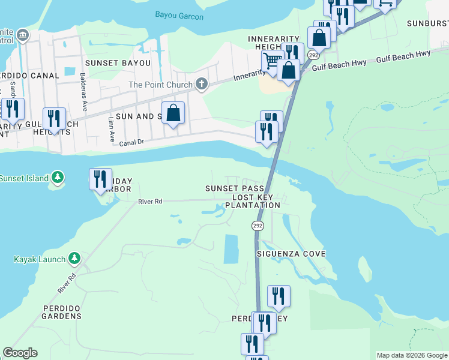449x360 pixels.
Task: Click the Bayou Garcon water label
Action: click(x=179, y=16)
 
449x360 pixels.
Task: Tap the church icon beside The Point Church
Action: click(x=202, y=85)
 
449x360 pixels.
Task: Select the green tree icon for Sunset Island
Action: click(x=57, y=177)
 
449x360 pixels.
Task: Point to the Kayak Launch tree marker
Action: click(x=74, y=259)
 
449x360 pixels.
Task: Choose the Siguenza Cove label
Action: click(x=291, y=254)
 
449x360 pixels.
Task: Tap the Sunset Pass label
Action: click(x=234, y=188)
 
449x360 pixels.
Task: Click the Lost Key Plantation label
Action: click(x=252, y=201)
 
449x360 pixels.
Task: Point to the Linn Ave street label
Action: click(x=111, y=129)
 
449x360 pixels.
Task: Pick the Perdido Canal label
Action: click(x=30, y=76)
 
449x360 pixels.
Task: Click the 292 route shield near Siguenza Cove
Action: click(x=258, y=226)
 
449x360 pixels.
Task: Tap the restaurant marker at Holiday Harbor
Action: click(x=100, y=179)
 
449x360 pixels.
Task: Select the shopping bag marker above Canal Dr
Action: click(x=173, y=113)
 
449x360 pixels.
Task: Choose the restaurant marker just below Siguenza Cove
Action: click(x=279, y=296)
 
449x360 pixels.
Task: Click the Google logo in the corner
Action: click(x=20, y=353)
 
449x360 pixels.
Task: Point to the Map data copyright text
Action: click(x=412, y=355)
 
